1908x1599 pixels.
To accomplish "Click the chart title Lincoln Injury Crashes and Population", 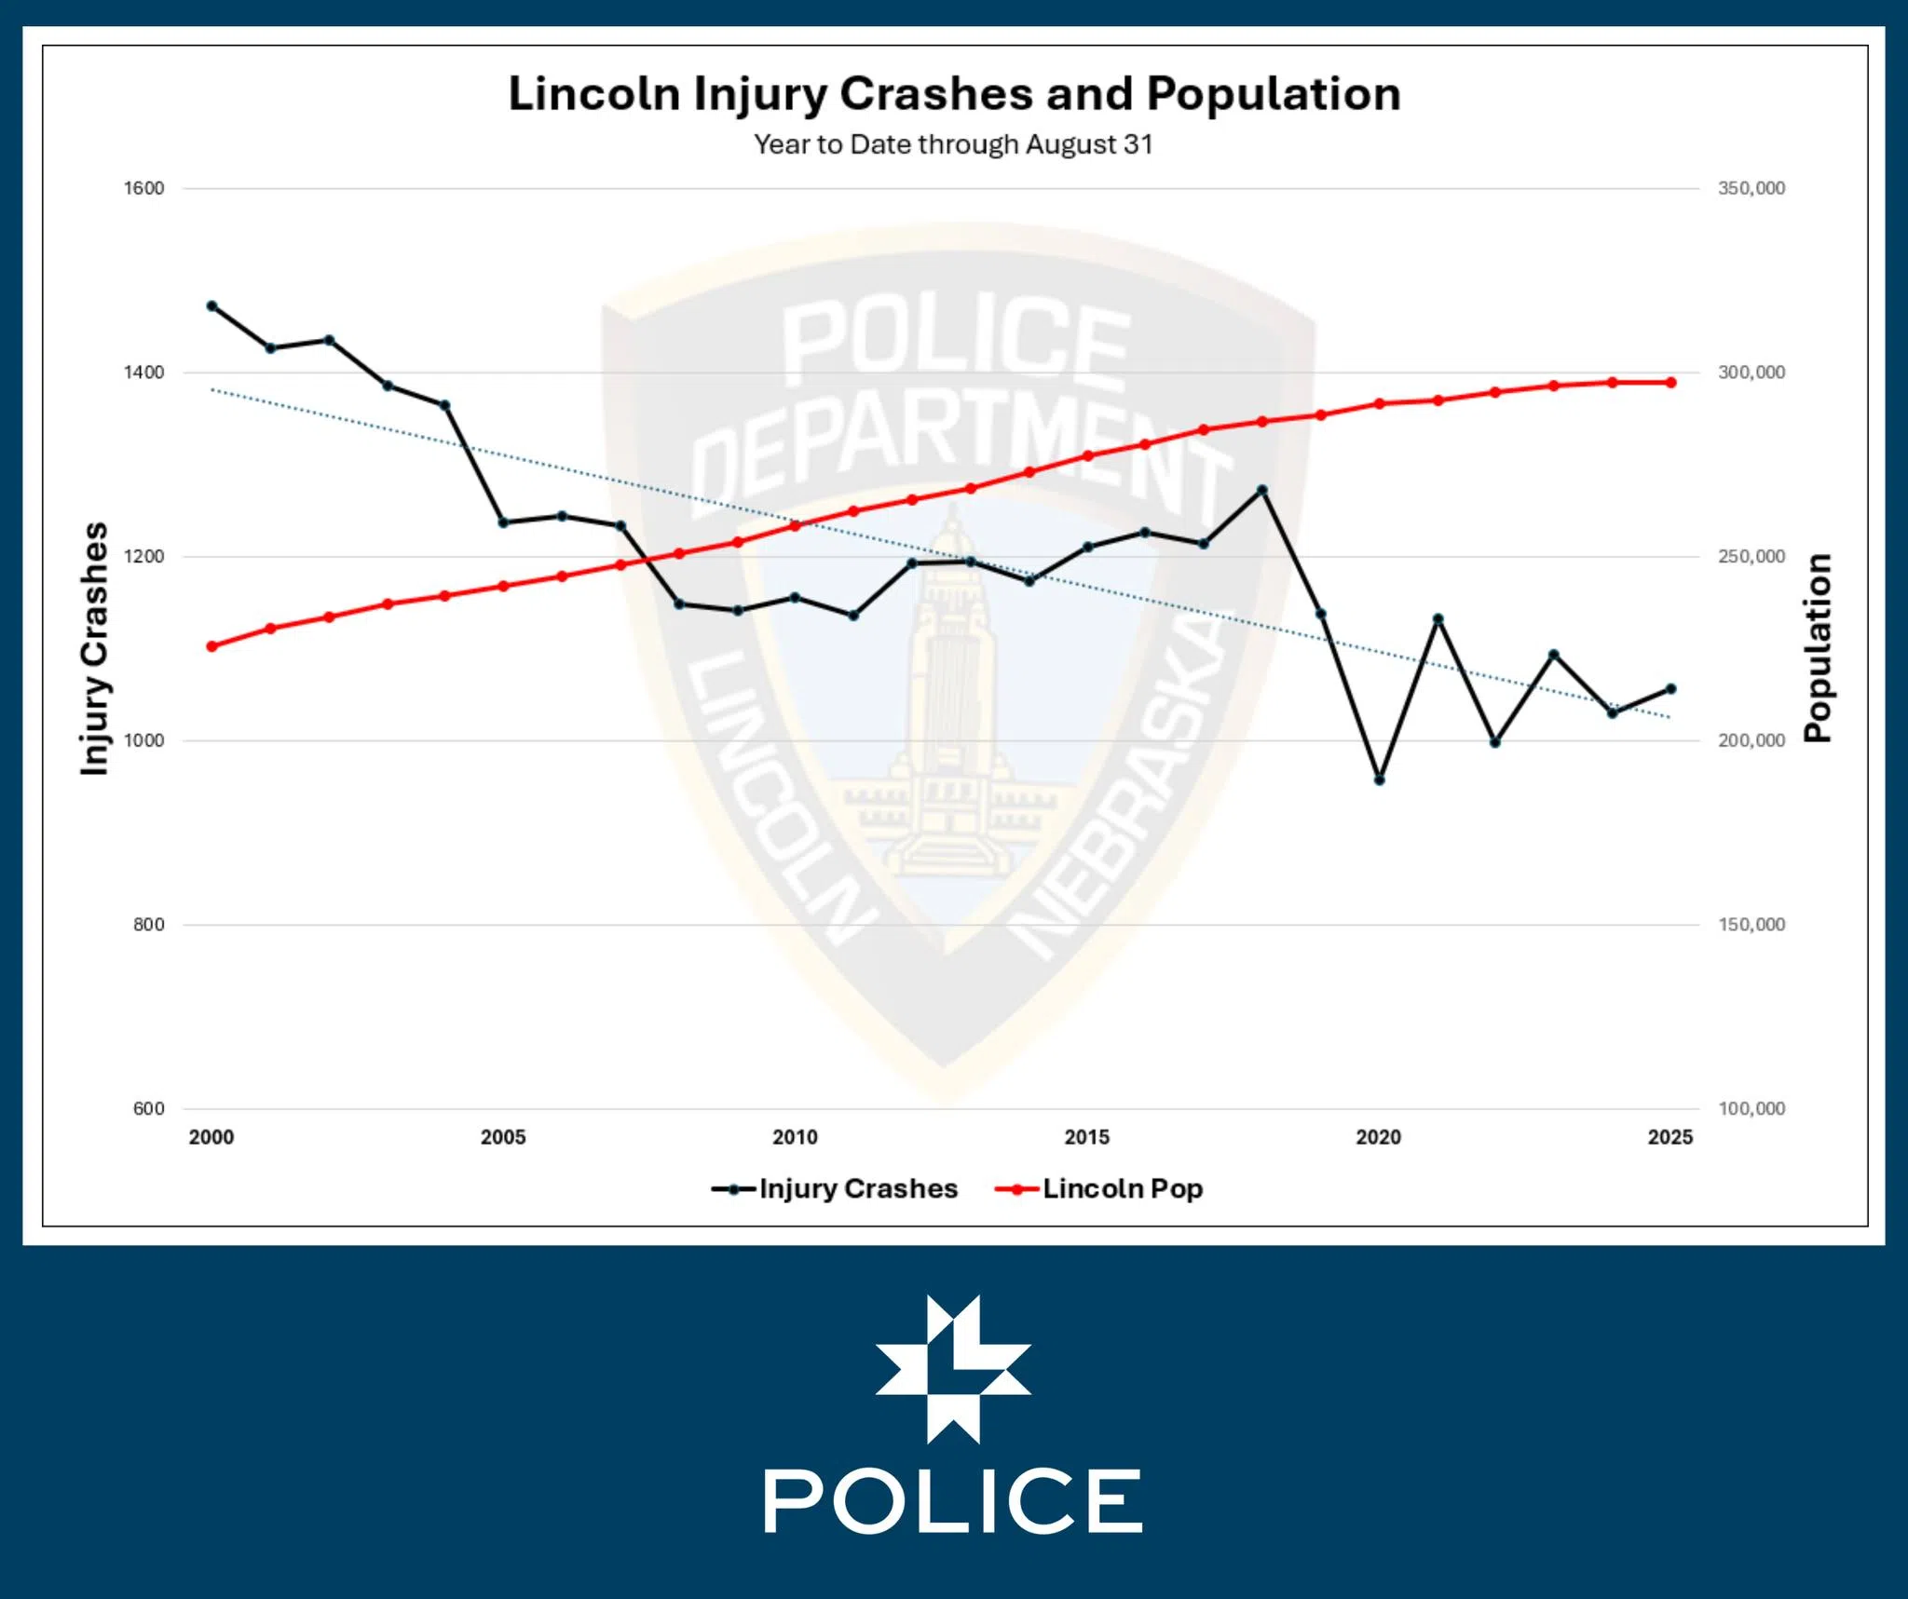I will click(954, 94).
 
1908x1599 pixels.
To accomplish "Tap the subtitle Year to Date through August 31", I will click(953, 144).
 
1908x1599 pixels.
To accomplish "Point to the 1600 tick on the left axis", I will click(144, 188).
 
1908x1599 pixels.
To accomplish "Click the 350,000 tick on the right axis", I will click(1751, 188).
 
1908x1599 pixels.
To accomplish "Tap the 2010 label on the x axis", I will click(795, 1137).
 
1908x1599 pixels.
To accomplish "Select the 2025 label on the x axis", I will click(1669, 1137).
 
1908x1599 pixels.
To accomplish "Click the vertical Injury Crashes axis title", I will click(95, 648).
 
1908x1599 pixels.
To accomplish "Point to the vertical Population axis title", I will click(1818, 648).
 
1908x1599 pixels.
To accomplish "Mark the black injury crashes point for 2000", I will click(211, 305).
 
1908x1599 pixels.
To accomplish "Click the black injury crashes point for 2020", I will click(1379, 779).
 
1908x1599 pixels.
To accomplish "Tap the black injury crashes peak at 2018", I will click(1262, 490).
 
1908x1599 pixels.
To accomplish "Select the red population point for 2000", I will click(211, 646).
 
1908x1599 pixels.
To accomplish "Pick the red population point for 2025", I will click(1670, 383).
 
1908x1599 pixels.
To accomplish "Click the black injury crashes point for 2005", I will click(503, 522).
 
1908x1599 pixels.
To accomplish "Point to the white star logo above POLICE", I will click(953, 1368).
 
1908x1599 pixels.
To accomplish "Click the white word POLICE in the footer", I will click(953, 1501).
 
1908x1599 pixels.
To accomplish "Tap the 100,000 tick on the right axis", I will click(1751, 1108).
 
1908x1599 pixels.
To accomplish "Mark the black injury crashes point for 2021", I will click(1438, 619).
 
